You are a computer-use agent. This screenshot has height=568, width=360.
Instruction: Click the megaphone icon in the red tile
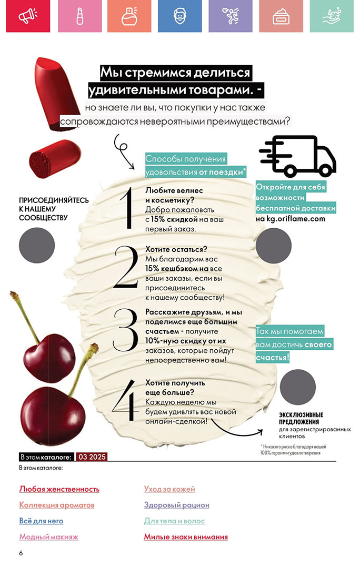tap(28, 16)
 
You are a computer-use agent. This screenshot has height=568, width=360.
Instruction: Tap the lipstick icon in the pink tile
tap(80, 16)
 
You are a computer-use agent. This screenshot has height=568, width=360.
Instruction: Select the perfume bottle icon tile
tap(129, 16)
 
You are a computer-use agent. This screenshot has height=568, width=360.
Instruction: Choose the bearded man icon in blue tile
tap(180, 16)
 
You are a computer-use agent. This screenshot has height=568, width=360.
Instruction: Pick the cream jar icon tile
tap(281, 16)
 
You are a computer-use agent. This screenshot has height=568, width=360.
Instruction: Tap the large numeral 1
tap(126, 209)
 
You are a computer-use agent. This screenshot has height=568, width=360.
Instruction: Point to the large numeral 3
tap(125, 330)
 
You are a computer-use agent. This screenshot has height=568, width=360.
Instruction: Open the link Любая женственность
tap(59, 489)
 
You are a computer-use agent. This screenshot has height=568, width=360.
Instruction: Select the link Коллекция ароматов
tap(56, 505)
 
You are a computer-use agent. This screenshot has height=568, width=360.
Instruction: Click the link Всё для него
tap(41, 521)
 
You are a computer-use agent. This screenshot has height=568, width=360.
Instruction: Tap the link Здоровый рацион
tap(176, 505)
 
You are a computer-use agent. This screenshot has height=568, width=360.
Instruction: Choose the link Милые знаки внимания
tap(186, 537)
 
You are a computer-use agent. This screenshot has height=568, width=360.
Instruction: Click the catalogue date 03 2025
tap(92, 457)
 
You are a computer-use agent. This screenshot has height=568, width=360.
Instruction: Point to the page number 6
tap(21, 553)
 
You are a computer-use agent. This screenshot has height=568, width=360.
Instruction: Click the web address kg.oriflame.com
tap(296, 218)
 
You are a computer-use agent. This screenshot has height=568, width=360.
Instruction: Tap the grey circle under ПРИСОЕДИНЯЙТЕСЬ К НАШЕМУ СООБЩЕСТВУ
tap(37, 245)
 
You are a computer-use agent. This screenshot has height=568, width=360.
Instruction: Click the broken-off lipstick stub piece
tap(54, 158)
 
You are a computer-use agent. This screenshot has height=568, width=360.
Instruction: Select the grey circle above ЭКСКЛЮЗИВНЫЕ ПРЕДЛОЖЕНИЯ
tap(298, 387)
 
